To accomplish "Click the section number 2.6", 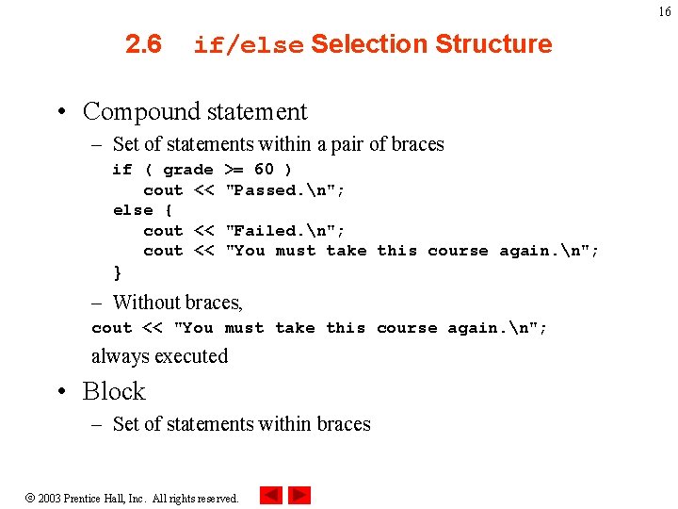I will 143,44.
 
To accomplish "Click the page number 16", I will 664,11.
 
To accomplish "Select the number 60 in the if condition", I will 264,170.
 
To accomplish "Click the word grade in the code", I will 187,170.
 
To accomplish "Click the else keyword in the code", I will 133,210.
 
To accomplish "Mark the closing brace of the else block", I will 117,272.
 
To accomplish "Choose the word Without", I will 144,303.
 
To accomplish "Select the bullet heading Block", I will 114,391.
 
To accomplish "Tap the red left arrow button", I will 271,495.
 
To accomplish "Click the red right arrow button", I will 299,495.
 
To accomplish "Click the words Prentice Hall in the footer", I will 117,498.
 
